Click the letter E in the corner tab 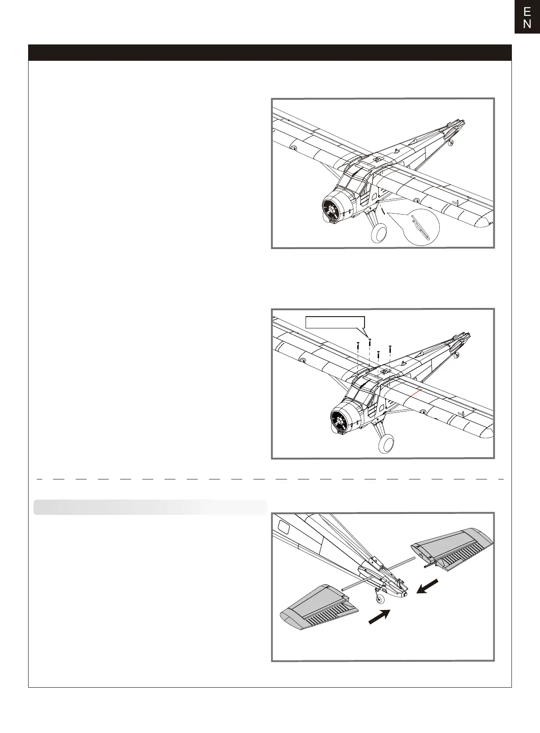(x=527, y=11)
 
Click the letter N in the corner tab (x=527, y=24)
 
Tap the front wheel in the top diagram (x=379, y=234)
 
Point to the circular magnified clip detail (x=421, y=227)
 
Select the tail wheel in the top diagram (x=450, y=143)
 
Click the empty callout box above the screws (x=335, y=322)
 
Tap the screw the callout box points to (x=370, y=341)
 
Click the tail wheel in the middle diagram (x=457, y=354)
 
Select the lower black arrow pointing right (x=379, y=616)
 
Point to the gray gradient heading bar (x=150, y=508)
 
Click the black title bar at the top (x=270, y=53)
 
